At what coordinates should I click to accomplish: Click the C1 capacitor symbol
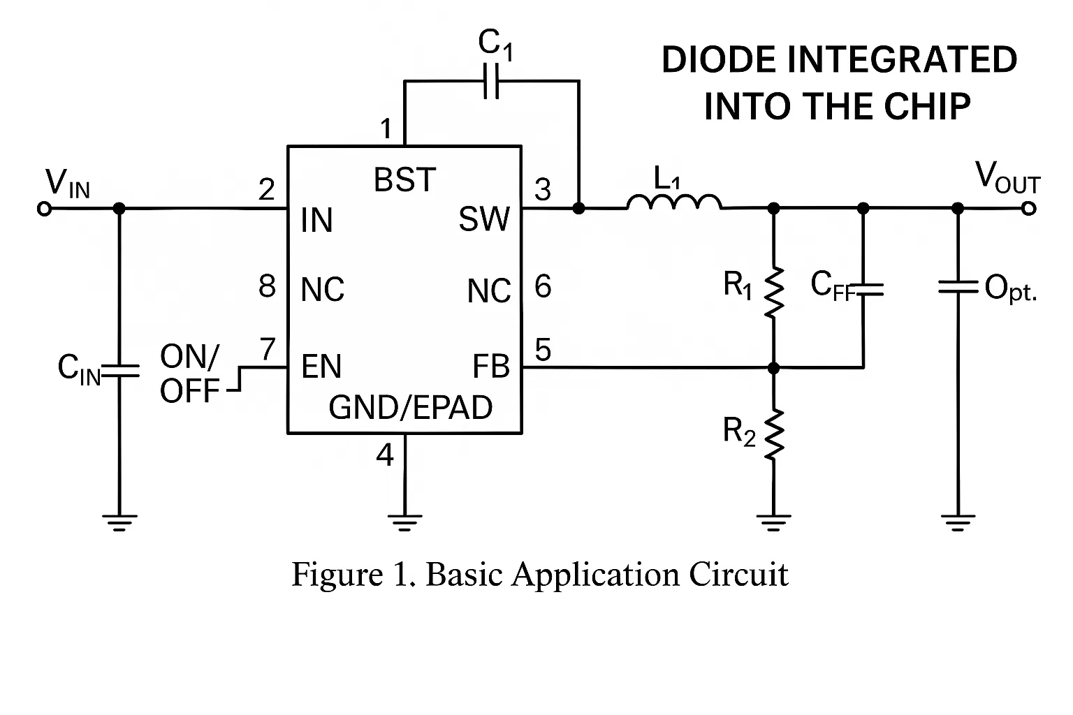[x=492, y=81]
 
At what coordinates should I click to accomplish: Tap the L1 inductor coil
[x=674, y=202]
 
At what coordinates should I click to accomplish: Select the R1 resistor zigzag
[x=774, y=292]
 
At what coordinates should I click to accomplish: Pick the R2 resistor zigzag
[x=774, y=435]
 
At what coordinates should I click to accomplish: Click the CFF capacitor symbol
[x=864, y=290]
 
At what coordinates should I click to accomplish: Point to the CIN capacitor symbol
[x=119, y=369]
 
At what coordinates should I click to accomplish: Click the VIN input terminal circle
[x=44, y=209]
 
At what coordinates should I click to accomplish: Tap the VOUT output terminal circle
[x=1028, y=208]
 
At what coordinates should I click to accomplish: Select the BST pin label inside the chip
[x=404, y=180]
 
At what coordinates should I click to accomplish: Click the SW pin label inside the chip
[x=484, y=220]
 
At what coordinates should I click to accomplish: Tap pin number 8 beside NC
[x=267, y=286]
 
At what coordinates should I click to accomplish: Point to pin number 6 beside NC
[x=543, y=286]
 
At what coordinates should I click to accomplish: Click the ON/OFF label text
[x=190, y=374]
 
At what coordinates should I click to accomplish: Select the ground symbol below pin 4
[x=404, y=522]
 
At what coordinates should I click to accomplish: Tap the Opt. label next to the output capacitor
[x=1010, y=288]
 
